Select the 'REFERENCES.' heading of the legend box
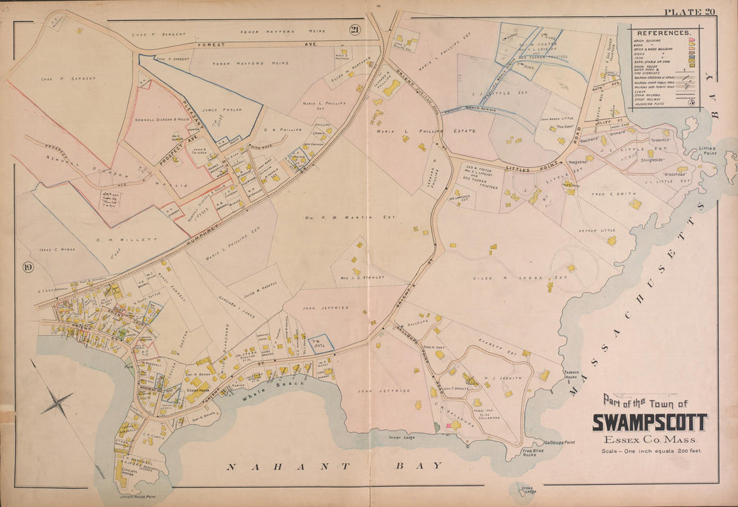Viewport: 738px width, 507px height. pyautogui.click(x=663, y=32)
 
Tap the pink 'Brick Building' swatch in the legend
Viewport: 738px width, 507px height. pyautogui.click(x=691, y=42)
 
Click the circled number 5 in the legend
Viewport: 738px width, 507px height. pyautogui.click(x=690, y=102)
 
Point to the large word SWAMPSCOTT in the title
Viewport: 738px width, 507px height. pyautogui.click(x=649, y=422)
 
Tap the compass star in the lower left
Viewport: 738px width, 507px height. pyautogui.click(x=57, y=403)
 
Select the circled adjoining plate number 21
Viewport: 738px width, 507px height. pyautogui.click(x=354, y=28)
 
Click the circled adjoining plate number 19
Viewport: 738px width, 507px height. pyautogui.click(x=27, y=268)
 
